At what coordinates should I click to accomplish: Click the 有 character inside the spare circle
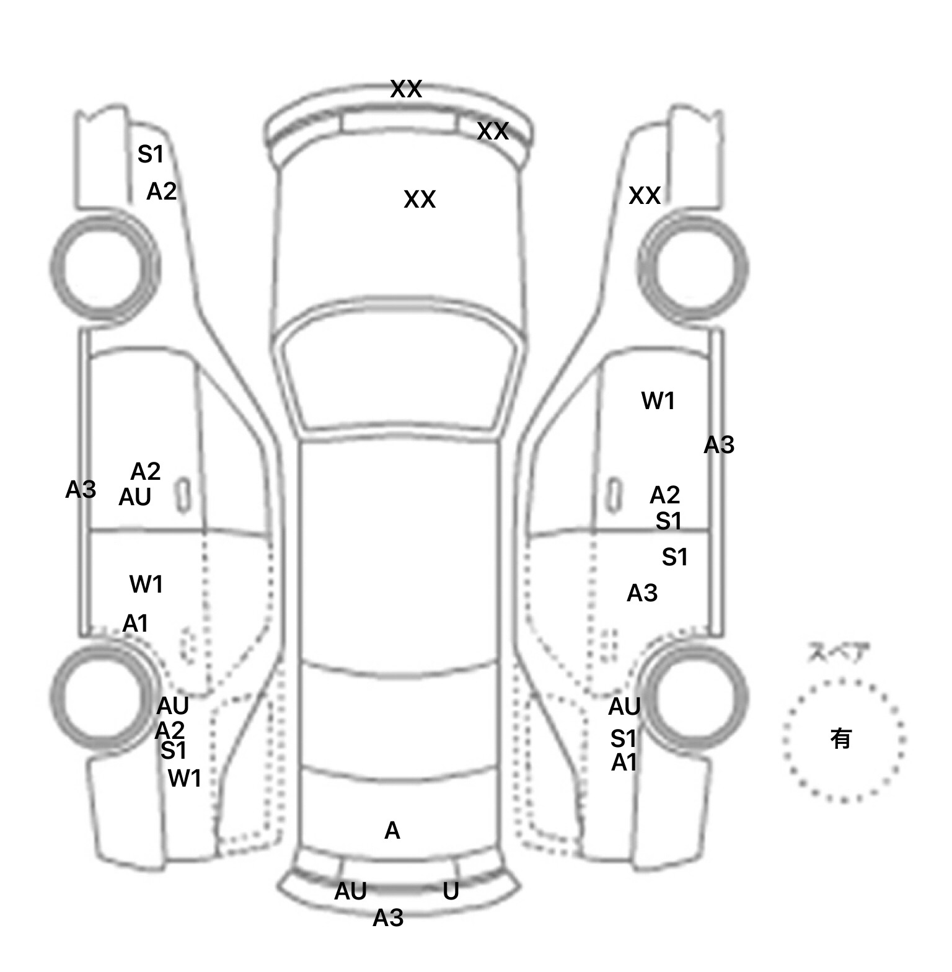(x=840, y=738)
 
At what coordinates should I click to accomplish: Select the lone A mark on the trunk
(x=392, y=831)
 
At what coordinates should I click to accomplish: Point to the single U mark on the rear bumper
(x=451, y=891)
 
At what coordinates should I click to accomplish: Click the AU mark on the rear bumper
(x=350, y=891)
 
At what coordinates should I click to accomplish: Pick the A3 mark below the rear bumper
(x=388, y=918)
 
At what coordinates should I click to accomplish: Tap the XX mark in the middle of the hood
(x=420, y=200)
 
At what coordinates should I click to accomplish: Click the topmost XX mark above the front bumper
(x=406, y=89)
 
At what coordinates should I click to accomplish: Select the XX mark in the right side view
(x=645, y=196)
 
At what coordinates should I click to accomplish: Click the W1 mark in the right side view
(x=658, y=401)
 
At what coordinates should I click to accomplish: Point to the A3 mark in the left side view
(x=81, y=490)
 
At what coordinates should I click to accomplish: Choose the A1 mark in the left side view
(x=136, y=624)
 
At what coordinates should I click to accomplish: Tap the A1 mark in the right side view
(x=624, y=763)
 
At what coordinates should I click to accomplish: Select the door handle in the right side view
(x=613, y=495)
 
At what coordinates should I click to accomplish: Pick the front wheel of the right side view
(x=693, y=268)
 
